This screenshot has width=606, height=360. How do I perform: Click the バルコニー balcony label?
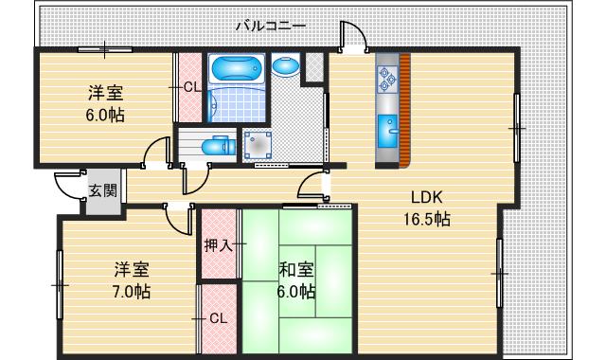(x=270, y=26)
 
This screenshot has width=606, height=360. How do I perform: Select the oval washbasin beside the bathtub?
(x=285, y=66)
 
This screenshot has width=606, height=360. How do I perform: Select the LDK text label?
(x=426, y=197)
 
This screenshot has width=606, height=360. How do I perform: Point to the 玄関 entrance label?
(x=102, y=190)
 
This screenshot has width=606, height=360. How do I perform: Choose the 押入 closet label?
(x=219, y=246)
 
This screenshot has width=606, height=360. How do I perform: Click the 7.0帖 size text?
(x=132, y=292)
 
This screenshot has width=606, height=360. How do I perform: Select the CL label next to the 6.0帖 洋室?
(x=191, y=87)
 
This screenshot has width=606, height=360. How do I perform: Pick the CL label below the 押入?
(x=218, y=318)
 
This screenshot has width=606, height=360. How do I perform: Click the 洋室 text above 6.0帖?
(x=104, y=94)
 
